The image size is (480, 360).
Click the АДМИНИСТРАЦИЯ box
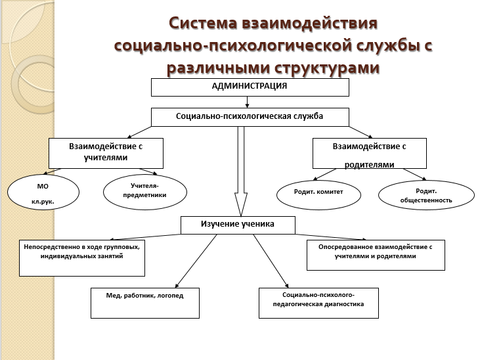250,87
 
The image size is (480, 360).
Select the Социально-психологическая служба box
250,117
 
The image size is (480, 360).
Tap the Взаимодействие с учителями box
106,153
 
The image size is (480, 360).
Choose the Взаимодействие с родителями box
370,153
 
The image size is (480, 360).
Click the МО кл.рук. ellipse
43,192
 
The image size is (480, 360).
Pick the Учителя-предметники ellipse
145,192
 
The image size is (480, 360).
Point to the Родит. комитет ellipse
318,195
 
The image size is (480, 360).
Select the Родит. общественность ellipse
426,195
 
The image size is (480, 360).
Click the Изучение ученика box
238,225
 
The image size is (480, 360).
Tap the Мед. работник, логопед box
145,303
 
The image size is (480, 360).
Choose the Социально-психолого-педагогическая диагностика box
318,303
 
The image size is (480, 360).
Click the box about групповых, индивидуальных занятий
82,258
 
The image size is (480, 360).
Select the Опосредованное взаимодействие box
376,255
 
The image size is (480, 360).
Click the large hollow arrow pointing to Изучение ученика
241,171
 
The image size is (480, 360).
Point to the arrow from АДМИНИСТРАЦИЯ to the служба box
247,102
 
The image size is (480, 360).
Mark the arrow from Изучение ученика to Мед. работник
196,261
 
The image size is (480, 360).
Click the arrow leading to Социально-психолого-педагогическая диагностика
271,261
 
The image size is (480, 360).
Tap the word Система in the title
203,23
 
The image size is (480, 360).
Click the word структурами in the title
326,68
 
